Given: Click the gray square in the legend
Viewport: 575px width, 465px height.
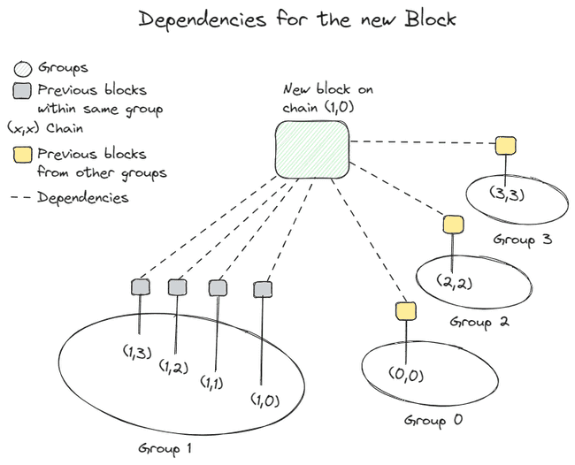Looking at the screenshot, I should [x=21, y=90].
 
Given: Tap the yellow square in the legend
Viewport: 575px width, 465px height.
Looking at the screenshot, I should [x=21, y=155].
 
